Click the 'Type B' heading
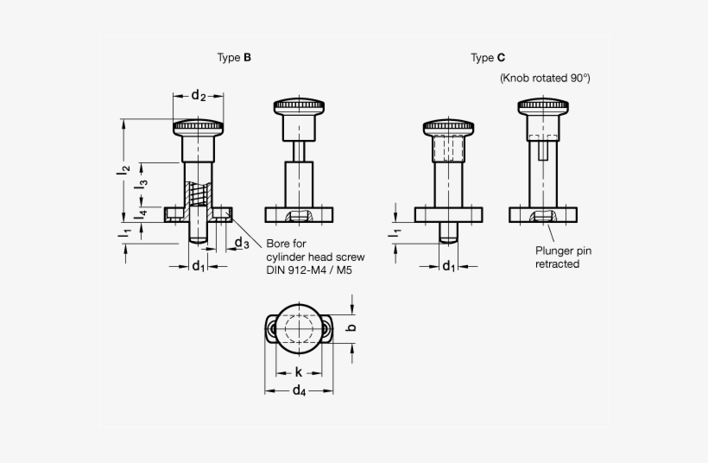click(x=234, y=58)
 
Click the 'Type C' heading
click(x=488, y=58)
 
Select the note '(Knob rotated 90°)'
click(x=545, y=78)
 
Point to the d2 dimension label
click(x=198, y=95)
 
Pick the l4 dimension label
click(x=143, y=212)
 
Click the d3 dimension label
click(x=243, y=244)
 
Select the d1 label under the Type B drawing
click(x=198, y=265)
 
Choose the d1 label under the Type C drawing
click(x=449, y=265)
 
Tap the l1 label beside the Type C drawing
click(x=394, y=231)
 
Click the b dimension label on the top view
click(x=350, y=327)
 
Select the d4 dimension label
click(x=299, y=391)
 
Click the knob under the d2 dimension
click(x=198, y=128)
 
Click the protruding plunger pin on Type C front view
click(x=448, y=231)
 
